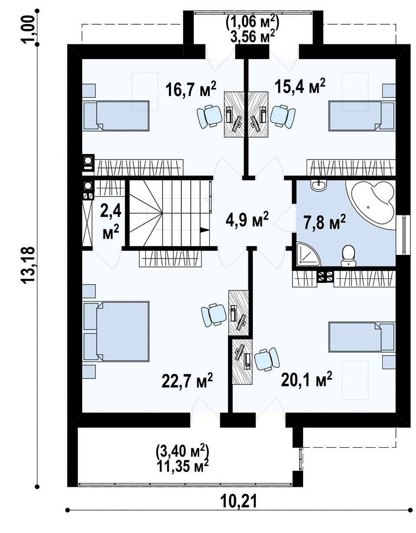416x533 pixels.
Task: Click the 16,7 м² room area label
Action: coord(191,90)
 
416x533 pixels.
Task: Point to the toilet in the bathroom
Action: coord(349,256)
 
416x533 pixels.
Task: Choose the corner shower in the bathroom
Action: coord(309,254)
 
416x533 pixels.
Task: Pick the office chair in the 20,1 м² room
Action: coord(267,359)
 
